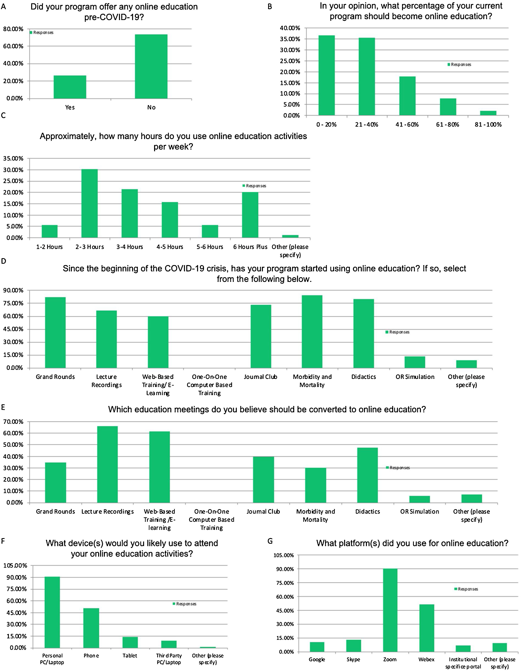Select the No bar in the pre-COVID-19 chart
coord(151,67)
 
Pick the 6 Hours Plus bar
coord(250,215)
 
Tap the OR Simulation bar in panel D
coord(415,362)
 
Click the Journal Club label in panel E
coord(263,512)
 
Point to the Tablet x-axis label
coord(130,656)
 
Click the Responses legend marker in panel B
coord(449,64)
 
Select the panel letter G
coord(270,541)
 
